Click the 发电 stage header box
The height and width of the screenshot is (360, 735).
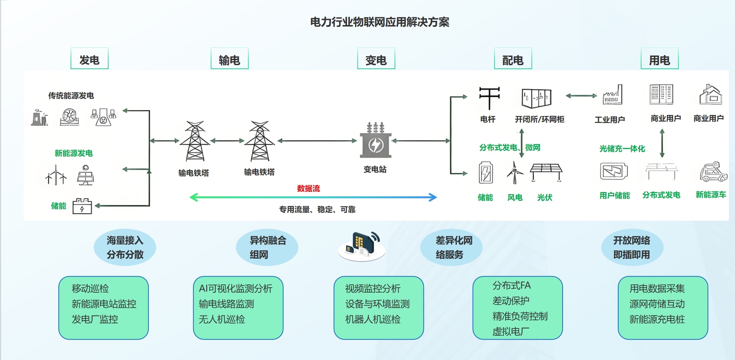[x=89, y=59]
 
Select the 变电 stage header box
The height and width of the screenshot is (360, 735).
[x=376, y=59]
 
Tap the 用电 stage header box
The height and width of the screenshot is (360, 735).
[x=659, y=59]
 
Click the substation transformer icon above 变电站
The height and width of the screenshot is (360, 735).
[x=376, y=141]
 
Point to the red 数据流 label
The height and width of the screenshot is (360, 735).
[x=308, y=188]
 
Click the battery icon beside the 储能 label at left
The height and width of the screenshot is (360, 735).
[x=82, y=206]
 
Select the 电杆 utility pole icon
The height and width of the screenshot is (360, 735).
[x=489, y=97]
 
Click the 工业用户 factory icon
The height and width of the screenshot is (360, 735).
[x=612, y=95]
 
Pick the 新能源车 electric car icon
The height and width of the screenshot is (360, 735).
[x=713, y=172]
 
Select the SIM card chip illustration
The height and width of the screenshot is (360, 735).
[x=362, y=245]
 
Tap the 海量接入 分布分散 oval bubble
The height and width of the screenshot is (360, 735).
[x=125, y=248]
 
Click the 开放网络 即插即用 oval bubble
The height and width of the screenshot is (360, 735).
[x=632, y=248]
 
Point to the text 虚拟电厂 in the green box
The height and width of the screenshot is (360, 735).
[x=511, y=331]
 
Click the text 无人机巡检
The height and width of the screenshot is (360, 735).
[x=222, y=319]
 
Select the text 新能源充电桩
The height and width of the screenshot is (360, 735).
[x=657, y=319]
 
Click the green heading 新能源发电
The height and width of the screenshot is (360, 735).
[x=73, y=153]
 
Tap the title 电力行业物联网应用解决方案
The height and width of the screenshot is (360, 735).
[x=380, y=22]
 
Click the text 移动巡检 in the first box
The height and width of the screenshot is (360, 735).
[x=90, y=288]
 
